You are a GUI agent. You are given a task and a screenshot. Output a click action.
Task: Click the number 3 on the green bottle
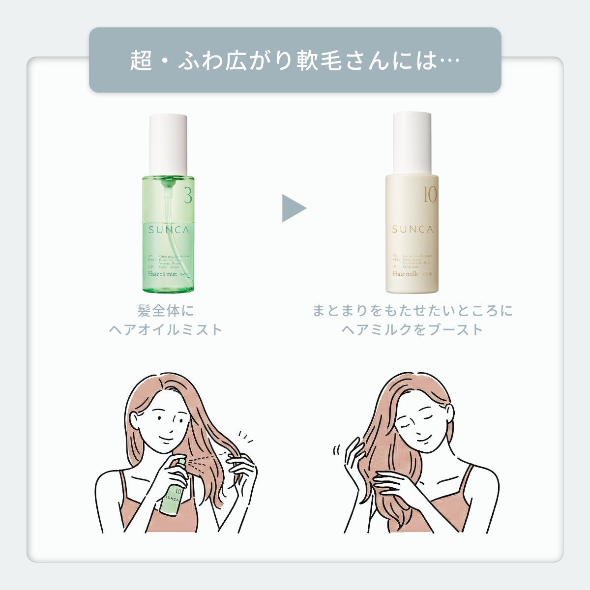(187, 196)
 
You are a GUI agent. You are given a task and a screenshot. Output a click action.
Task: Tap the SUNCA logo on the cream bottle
(413, 229)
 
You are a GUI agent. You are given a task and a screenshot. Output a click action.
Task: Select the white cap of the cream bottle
(412, 143)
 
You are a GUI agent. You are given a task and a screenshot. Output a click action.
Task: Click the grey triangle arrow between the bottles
(293, 208)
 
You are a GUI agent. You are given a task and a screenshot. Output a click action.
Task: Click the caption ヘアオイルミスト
(166, 329)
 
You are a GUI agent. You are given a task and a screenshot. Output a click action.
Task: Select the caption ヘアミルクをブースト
(412, 329)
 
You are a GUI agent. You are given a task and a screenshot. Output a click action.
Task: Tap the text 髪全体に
(166, 311)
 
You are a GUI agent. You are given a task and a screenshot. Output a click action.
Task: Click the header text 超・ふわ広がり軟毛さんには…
(295, 60)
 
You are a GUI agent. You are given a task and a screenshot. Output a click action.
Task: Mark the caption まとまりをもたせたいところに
(412, 311)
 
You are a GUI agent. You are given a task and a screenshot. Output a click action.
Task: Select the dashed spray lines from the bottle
(206, 458)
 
